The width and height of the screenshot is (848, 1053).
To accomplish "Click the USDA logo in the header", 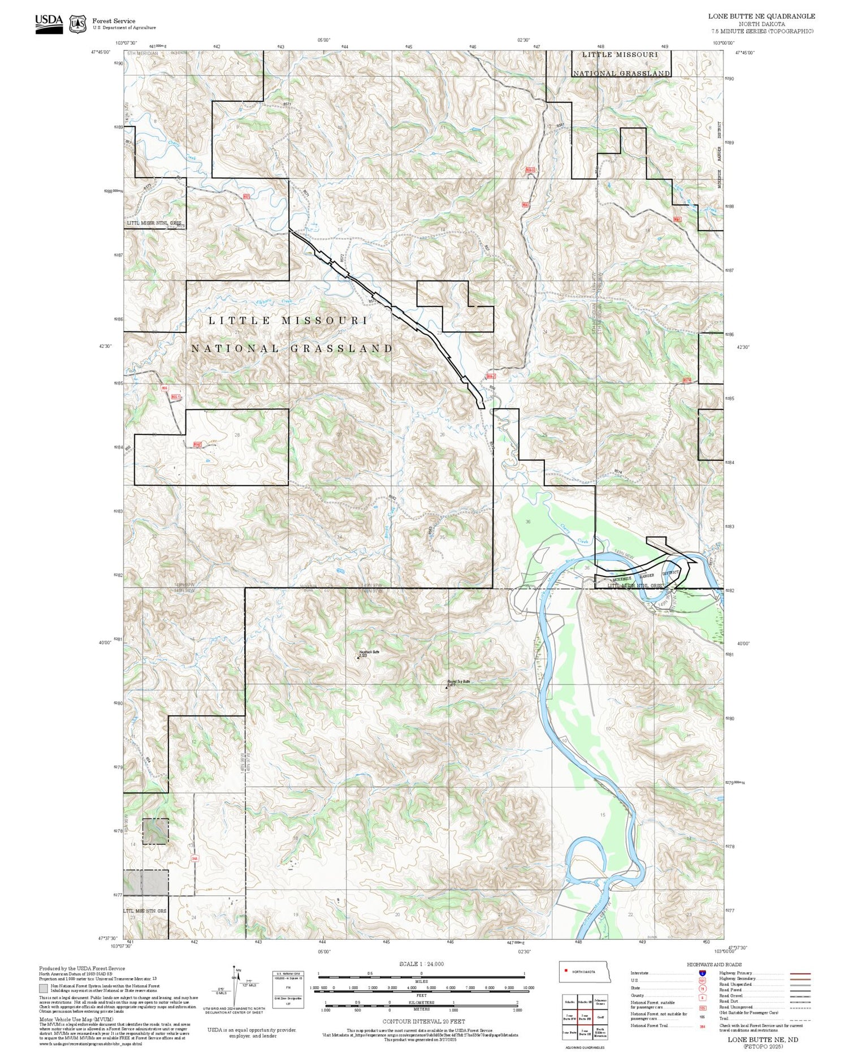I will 49,24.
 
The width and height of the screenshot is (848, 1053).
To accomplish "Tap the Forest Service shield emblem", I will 77,24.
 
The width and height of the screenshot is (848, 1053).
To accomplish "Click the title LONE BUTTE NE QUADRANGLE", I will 762,16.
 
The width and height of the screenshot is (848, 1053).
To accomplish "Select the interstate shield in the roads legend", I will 702,973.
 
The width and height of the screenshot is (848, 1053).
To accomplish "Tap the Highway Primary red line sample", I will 798,974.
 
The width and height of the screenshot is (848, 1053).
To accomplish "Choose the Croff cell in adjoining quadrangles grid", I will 600,1016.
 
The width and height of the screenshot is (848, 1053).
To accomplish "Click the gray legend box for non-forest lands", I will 44,989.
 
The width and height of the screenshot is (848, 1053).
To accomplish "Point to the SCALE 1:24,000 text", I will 421,964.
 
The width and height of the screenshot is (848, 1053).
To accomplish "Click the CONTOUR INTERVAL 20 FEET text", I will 423,1021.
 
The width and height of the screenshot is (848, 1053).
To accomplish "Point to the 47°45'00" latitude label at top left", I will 98,52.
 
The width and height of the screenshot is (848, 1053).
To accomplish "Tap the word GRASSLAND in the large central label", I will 341,348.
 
